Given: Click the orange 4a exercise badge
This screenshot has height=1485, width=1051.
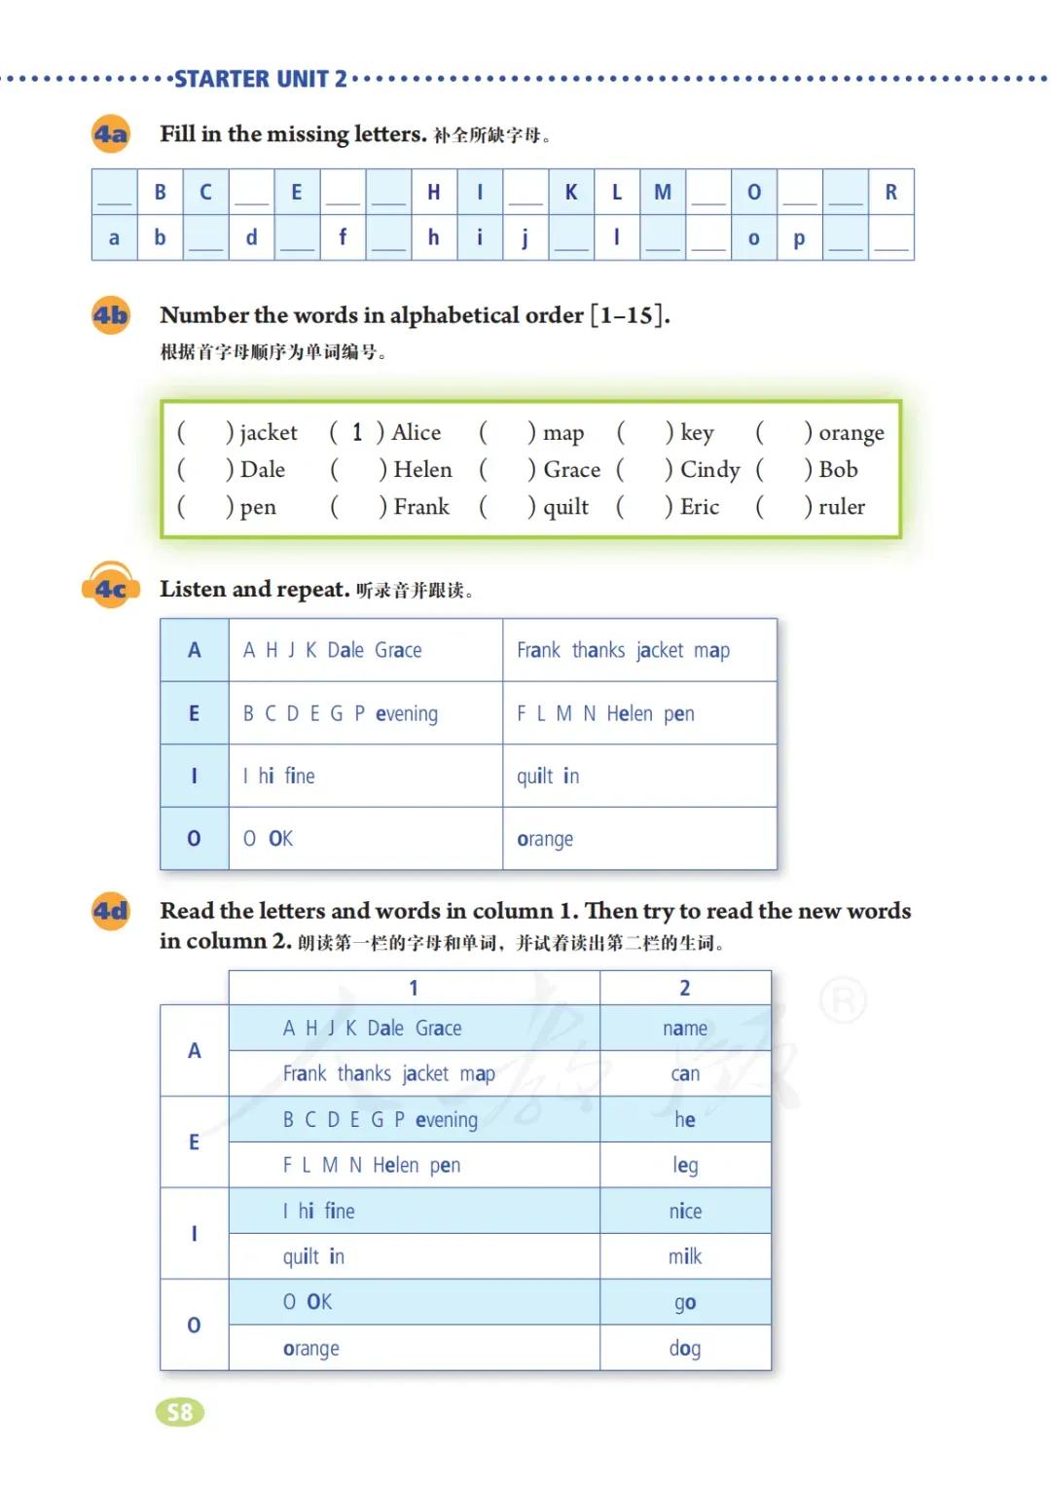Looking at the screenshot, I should pos(110,133).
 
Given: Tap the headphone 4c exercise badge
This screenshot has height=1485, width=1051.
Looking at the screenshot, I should pos(110,588).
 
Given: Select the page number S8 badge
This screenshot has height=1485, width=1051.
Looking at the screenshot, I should pos(180,1412).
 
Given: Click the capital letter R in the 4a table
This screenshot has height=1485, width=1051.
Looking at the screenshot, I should pos(890,192).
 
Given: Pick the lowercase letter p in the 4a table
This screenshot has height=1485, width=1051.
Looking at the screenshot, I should pos(799,238).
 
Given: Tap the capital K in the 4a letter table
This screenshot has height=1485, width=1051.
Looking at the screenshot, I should pos(571,192).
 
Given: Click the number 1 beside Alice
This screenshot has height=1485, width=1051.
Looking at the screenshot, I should pos(357,432).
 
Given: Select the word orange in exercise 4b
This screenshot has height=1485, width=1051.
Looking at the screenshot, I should pos(851,433).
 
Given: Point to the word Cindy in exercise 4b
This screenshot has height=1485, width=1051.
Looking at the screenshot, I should pos(709,470).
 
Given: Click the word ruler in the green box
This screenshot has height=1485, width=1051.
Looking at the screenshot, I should pos(841,507).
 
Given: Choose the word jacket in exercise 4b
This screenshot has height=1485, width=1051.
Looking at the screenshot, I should pos(268,432).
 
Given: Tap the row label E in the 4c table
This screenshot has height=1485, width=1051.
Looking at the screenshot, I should pos(194,713).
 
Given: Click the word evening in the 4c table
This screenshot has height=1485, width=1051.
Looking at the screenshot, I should pos(407,714).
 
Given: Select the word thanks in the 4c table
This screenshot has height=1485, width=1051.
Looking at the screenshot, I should pos(598,650).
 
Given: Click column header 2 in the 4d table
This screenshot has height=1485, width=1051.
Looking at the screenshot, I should pos(684,988).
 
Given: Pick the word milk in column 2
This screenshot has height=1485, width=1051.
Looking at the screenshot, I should pos(684,1256).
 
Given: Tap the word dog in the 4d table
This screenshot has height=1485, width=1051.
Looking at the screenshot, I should pos(684,1348).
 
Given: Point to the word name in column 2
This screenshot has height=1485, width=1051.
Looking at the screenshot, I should pos(684,1029).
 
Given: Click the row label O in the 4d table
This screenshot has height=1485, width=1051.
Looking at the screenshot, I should pos(194,1324).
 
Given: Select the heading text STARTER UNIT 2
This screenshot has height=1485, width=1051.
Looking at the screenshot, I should pos(260,79).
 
